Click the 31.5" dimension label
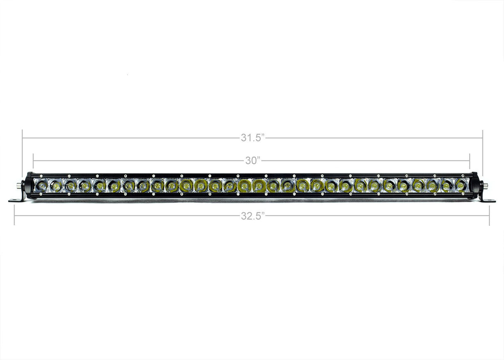click(x=252, y=138)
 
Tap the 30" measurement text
click(x=252, y=160)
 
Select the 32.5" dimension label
click(x=252, y=216)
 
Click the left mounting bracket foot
click(x=17, y=200)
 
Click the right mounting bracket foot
click(x=487, y=200)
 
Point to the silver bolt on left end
click(x=20, y=186)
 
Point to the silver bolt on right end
click(x=484, y=186)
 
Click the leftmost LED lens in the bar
click(x=42, y=186)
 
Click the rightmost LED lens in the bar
click(x=460, y=186)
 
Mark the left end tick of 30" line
click(x=33, y=160)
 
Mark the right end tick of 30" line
click(x=470, y=160)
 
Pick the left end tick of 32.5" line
click(x=15, y=216)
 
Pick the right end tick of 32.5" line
click(x=489, y=216)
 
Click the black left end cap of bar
click(x=29, y=186)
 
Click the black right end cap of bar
click(x=474, y=186)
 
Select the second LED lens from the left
click(x=56, y=186)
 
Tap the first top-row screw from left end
click(x=40, y=176)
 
